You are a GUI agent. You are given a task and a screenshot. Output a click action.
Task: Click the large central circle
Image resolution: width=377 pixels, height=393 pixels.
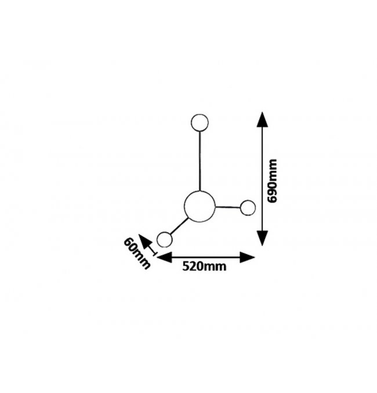click(200, 207)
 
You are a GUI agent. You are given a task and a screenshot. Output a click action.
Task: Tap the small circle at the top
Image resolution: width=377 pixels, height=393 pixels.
click(200, 122)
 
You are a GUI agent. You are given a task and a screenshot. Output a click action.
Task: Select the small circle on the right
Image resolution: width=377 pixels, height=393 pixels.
click(248, 208)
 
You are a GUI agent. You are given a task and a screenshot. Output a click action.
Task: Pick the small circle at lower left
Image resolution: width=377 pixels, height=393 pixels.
click(165, 239)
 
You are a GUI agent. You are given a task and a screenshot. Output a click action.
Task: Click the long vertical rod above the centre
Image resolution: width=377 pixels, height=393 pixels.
click(200, 161)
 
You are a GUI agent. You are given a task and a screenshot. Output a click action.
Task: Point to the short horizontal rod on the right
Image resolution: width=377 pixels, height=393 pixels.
click(228, 207)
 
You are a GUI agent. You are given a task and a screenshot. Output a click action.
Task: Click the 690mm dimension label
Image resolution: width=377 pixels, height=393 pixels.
click(272, 181)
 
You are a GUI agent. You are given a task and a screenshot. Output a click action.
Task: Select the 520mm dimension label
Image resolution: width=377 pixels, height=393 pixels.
click(204, 266)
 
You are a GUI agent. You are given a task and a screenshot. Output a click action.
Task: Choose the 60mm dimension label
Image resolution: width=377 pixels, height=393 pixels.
click(137, 254)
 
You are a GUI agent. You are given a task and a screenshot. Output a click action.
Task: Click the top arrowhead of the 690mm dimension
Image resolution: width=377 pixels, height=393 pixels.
click(262, 120)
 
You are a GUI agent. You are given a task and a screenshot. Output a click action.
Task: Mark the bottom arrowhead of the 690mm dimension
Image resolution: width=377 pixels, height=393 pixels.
click(262, 238)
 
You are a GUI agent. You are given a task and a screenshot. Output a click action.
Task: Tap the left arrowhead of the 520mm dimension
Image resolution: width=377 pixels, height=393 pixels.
click(164, 257)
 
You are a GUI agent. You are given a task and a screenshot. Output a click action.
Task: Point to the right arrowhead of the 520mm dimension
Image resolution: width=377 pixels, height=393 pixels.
click(247, 257)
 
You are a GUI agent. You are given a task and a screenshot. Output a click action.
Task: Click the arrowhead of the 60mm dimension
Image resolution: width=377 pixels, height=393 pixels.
click(144, 240)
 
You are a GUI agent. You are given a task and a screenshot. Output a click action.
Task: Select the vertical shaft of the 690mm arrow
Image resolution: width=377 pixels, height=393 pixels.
click(262, 179)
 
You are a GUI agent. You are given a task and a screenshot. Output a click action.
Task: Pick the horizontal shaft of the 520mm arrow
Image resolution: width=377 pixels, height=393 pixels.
click(206, 257)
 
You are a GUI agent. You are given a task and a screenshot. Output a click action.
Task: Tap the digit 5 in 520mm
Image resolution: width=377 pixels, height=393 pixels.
click(186, 266)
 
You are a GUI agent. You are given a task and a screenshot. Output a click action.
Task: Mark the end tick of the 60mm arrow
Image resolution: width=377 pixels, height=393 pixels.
click(154, 254)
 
